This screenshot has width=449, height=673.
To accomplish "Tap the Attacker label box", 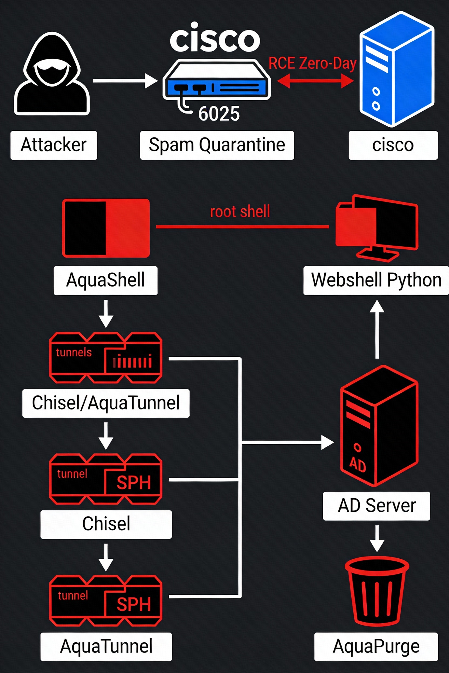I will click(53, 145).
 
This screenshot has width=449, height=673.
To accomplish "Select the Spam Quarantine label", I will click(217, 145).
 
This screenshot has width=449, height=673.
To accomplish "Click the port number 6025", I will click(219, 114).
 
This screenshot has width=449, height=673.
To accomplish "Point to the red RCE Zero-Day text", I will click(312, 63).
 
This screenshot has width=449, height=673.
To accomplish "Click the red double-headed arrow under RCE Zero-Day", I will click(315, 81).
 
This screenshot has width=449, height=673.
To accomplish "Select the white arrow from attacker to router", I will click(125, 81).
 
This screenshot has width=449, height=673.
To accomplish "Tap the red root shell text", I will click(240, 211).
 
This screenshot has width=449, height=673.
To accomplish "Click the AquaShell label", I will click(106, 280).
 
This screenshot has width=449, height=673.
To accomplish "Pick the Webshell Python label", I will click(376, 280).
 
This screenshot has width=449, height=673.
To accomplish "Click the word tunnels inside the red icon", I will click(74, 352).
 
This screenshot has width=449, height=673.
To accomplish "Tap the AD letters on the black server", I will click(358, 464).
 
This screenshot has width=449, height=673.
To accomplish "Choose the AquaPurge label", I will click(376, 646).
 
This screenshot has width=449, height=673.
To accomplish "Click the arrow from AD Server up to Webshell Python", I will click(377, 329).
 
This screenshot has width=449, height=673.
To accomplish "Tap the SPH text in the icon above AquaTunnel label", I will click(134, 604).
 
